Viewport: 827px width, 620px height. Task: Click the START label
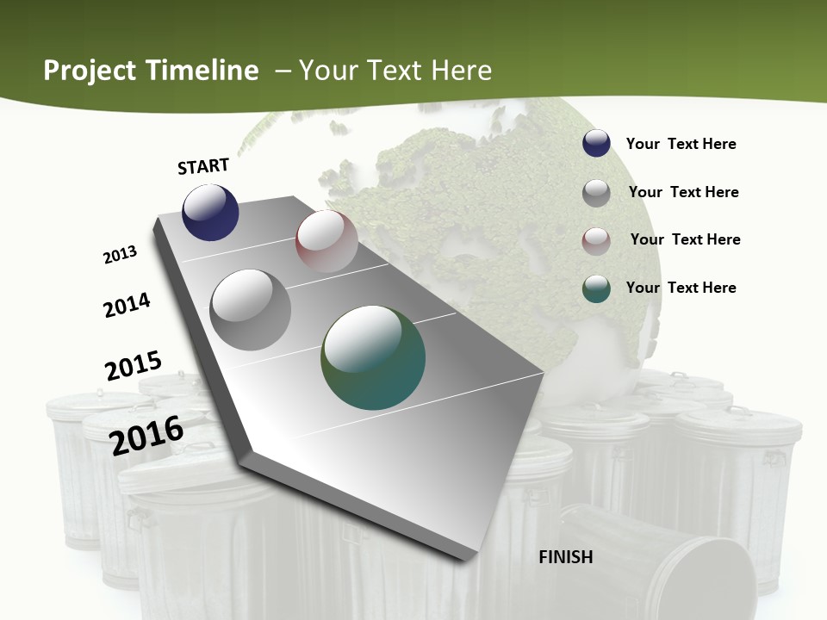click(x=203, y=166)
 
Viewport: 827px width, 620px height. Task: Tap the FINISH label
click(x=566, y=557)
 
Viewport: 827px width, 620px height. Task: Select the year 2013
click(x=120, y=255)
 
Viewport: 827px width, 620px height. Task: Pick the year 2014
click(x=127, y=305)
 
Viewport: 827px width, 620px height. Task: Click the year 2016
click(x=146, y=436)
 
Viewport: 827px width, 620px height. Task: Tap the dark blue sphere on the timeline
click(x=210, y=212)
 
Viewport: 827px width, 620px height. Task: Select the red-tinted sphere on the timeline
click(x=326, y=241)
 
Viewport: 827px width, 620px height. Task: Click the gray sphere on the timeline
click(x=251, y=310)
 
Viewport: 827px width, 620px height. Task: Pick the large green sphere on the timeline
click(x=373, y=356)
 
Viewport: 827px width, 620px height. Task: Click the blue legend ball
click(x=596, y=143)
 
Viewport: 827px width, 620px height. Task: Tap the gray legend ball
click(x=596, y=193)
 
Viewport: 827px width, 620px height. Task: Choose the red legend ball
click(x=596, y=241)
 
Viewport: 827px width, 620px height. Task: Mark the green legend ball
click(x=596, y=288)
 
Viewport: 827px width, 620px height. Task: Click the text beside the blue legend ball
click(x=681, y=144)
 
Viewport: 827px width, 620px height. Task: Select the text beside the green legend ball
click(x=681, y=288)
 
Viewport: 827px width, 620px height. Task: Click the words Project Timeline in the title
click(x=151, y=71)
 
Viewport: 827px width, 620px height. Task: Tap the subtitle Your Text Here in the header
click(x=395, y=71)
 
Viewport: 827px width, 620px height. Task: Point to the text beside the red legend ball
click(x=685, y=239)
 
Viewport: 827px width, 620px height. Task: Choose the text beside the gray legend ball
click(x=683, y=192)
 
